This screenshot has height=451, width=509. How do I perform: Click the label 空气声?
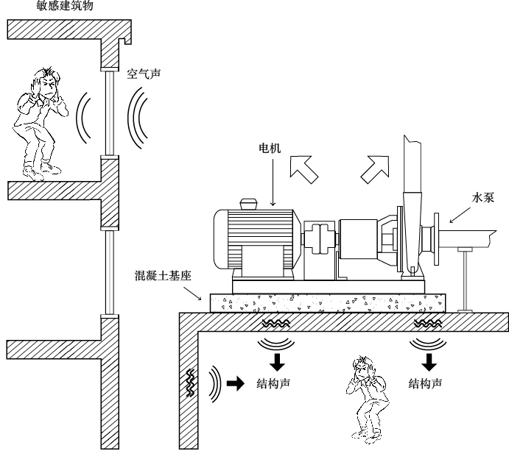[144, 74]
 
